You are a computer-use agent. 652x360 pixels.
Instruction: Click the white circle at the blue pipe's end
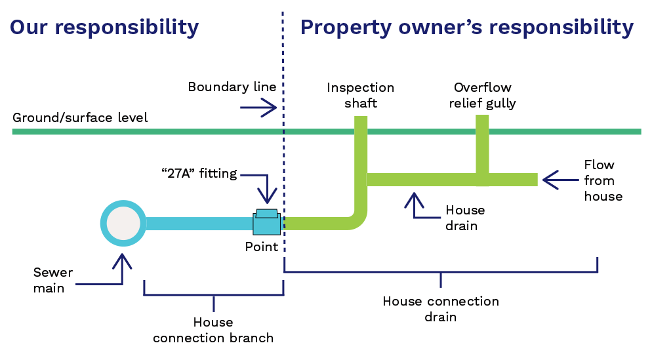(123, 224)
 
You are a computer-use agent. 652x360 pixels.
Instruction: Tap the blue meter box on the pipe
(266, 223)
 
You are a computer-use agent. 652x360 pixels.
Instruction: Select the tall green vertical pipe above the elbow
(361, 157)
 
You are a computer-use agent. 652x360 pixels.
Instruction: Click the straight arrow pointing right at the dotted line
(259, 108)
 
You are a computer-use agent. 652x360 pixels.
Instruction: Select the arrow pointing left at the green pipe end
(561, 180)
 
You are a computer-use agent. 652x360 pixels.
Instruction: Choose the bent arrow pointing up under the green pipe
(420, 209)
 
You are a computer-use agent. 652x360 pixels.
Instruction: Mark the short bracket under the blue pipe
(214, 295)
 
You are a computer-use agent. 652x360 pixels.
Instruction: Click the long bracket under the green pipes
(441, 271)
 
